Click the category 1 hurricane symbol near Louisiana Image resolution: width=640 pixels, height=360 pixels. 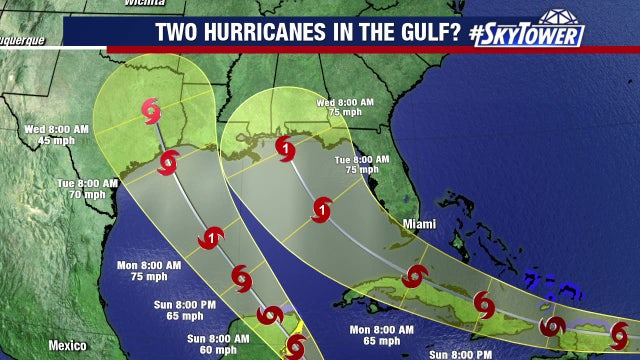(x=285, y=151)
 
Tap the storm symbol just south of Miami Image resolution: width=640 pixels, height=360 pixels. (x=413, y=276)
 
